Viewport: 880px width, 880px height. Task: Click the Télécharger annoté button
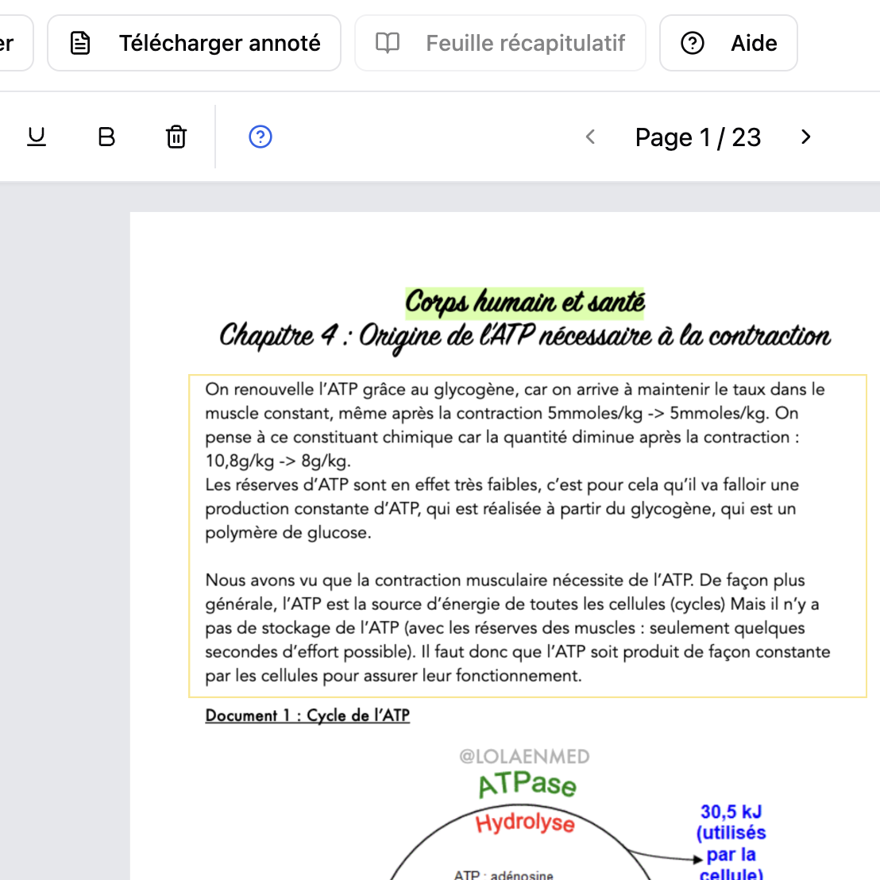[x=195, y=43]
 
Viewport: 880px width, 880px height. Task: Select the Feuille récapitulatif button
[x=500, y=43]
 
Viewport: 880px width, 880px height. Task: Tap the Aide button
[x=728, y=43]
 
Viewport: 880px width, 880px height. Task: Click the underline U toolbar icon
[x=37, y=137]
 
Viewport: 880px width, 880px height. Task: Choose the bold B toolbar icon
[x=106, y=137]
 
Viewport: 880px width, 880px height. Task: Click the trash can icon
[x=176, y=137]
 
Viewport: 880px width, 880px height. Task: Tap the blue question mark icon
[x=261, y=137]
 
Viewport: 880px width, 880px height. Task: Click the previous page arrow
[x=590, y=137]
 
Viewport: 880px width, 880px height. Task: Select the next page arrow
[x=805, y=137]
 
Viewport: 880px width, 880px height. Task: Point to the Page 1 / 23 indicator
[x=697, y=137]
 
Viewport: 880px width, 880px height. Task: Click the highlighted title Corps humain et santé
[x=525, y=302]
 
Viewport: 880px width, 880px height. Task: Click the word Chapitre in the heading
[x=267, y=336]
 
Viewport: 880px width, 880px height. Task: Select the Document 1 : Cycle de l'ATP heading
[x=307, y=715]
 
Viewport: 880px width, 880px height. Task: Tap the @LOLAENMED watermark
[x=524, y=756]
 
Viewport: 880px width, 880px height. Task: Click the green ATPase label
[x=527, y=785]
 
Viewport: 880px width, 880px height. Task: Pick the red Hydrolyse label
[x=525, y=823]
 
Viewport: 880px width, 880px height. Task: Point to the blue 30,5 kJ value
[x=731, y=812]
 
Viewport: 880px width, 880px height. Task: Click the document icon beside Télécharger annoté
[x=80, y=43]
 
